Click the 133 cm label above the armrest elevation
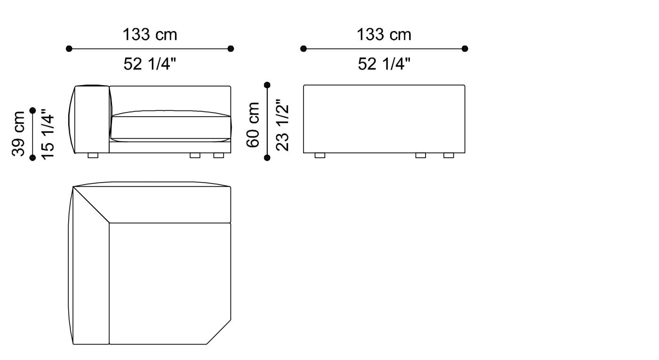pyautogui.click(x=150, y=34)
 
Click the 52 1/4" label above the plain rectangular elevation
pyautogui.click(x=384, y=64)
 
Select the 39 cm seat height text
pyautogui.click(x=19, y=134)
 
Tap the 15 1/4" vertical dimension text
pyautogui.click(x=48, y=134)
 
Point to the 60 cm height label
pyautogui.click(x=253, y=124)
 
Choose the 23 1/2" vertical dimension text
pyautogui.click(x=282, y=124)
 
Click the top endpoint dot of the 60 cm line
pyautogui.click(x=267, y=85)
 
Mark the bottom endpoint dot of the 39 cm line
pyautogui.click(x=32, y=158)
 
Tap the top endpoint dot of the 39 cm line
pyautogui.click(x=32, y=111)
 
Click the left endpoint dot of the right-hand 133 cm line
pyautogui.click(x=304, y=48)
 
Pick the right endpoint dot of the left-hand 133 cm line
pyautogui.click(x=231, y=48)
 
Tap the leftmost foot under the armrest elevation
pyautogui.click(x=93, y=155)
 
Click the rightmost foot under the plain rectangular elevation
pyautogui.click(x=449, y=155)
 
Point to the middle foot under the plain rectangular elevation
pyautogui.click(x=420, y=155)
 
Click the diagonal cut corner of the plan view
pyautogui.click(x=219, y=332)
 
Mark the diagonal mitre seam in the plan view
pyautogui.click(x=91, y=205)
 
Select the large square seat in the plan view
pyautogui.click(x=169, y=282)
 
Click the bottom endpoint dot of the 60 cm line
pyautogui.click(x=267, y=158)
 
